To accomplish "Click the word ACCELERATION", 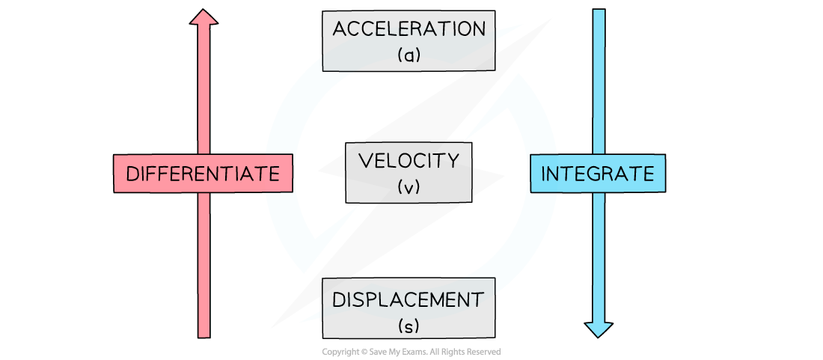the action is point(409,29).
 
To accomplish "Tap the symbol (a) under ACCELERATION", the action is point(409,55).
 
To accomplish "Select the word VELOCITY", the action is point(409,161).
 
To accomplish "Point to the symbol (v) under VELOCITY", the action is point(409,186).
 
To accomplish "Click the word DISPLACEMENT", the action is point(409,300).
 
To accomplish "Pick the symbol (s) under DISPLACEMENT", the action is point(409,326).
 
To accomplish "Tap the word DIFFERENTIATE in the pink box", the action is point(203,173).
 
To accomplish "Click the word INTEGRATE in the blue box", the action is point(598,173).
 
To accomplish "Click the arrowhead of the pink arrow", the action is point(204,17).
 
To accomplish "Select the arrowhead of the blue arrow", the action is point(599,329).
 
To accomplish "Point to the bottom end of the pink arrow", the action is point(204,338).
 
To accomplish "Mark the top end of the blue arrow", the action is point(599,10).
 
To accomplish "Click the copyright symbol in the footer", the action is point(361,352).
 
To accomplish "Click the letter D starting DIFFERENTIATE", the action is point(132,174).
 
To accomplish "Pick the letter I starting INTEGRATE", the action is point(543,174).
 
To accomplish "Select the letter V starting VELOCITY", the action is point(364,161).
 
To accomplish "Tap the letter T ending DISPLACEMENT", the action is point(477,300).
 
